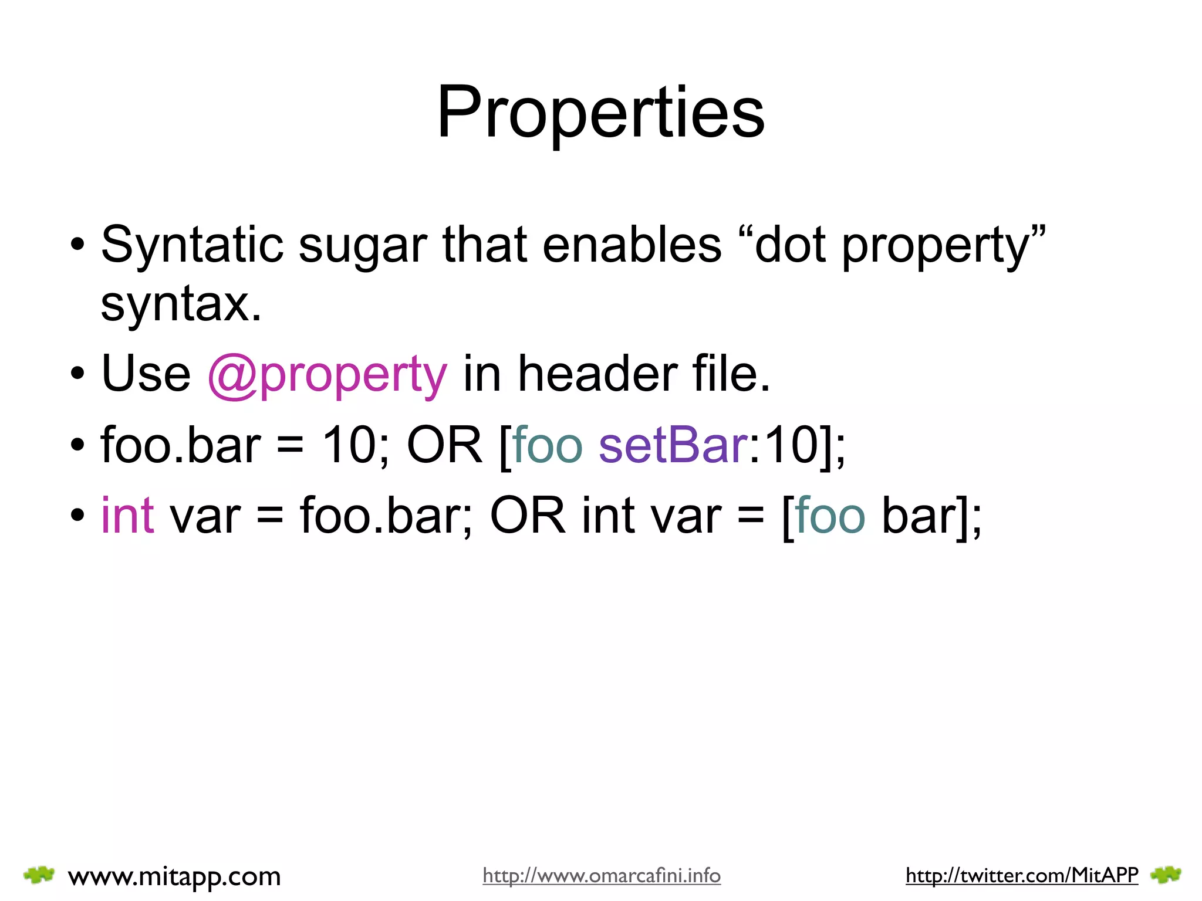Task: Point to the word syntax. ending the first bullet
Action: tap(181, 305)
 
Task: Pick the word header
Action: tap(597, 374)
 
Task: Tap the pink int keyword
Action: tap(127, 515)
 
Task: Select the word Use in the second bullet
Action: tap(146, 374)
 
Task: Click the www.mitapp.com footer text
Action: tap(174, 876)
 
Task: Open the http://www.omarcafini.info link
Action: tap(602, 876)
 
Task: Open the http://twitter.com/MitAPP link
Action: tap(1022, 876)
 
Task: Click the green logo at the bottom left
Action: tap(39, 875)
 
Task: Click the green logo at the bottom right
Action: tap(1166, 875)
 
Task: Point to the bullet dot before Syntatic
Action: tap(77, 245)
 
